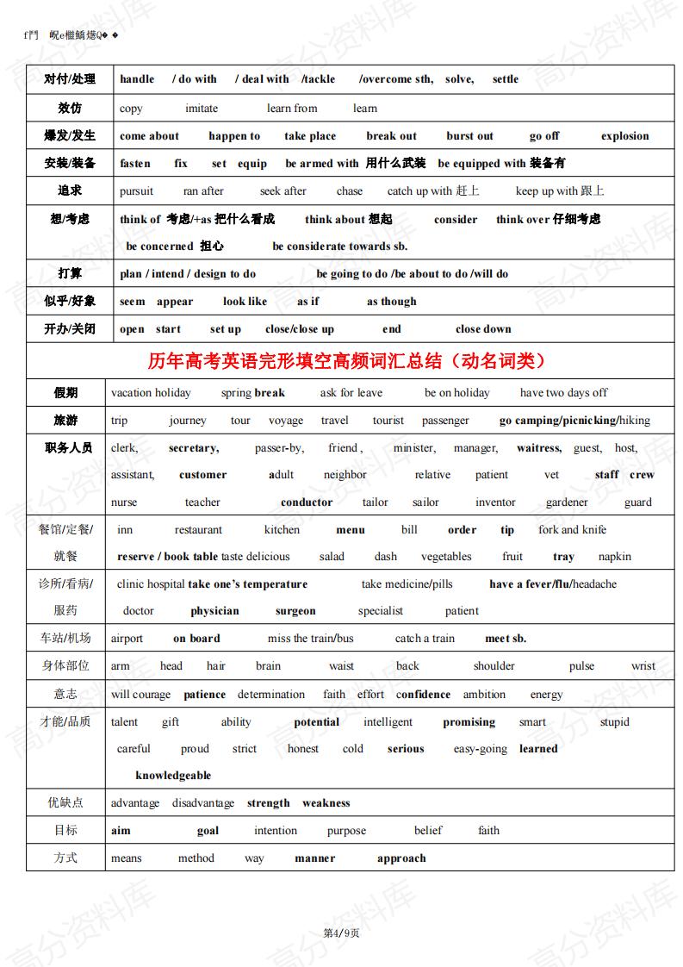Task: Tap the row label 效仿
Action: click(x=70, y=109)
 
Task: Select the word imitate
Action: click(x=202, y=109)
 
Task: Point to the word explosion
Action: click(x=624, y=136)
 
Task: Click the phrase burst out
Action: click(x=469, y=136)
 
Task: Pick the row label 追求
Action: click(x=70, y=190)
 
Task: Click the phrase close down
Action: click(x=483, y=329)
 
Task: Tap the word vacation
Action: click(x=131, y=393)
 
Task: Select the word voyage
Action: click(x=286, y=421)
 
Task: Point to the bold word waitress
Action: click(x=538, y=448)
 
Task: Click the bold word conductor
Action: click(x=307, y=502)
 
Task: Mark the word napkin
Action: click(x=615, y=557)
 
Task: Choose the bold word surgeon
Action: click(x=295, y=611)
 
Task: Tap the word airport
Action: click(x=127, y=639)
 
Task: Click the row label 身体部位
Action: click(x=65, y=665)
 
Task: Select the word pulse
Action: click(x=581, y=666)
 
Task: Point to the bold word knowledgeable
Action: click(x=173, y=776)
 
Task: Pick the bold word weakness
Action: click(x=326, y=803)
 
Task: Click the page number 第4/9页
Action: click(x=341, y=933)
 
